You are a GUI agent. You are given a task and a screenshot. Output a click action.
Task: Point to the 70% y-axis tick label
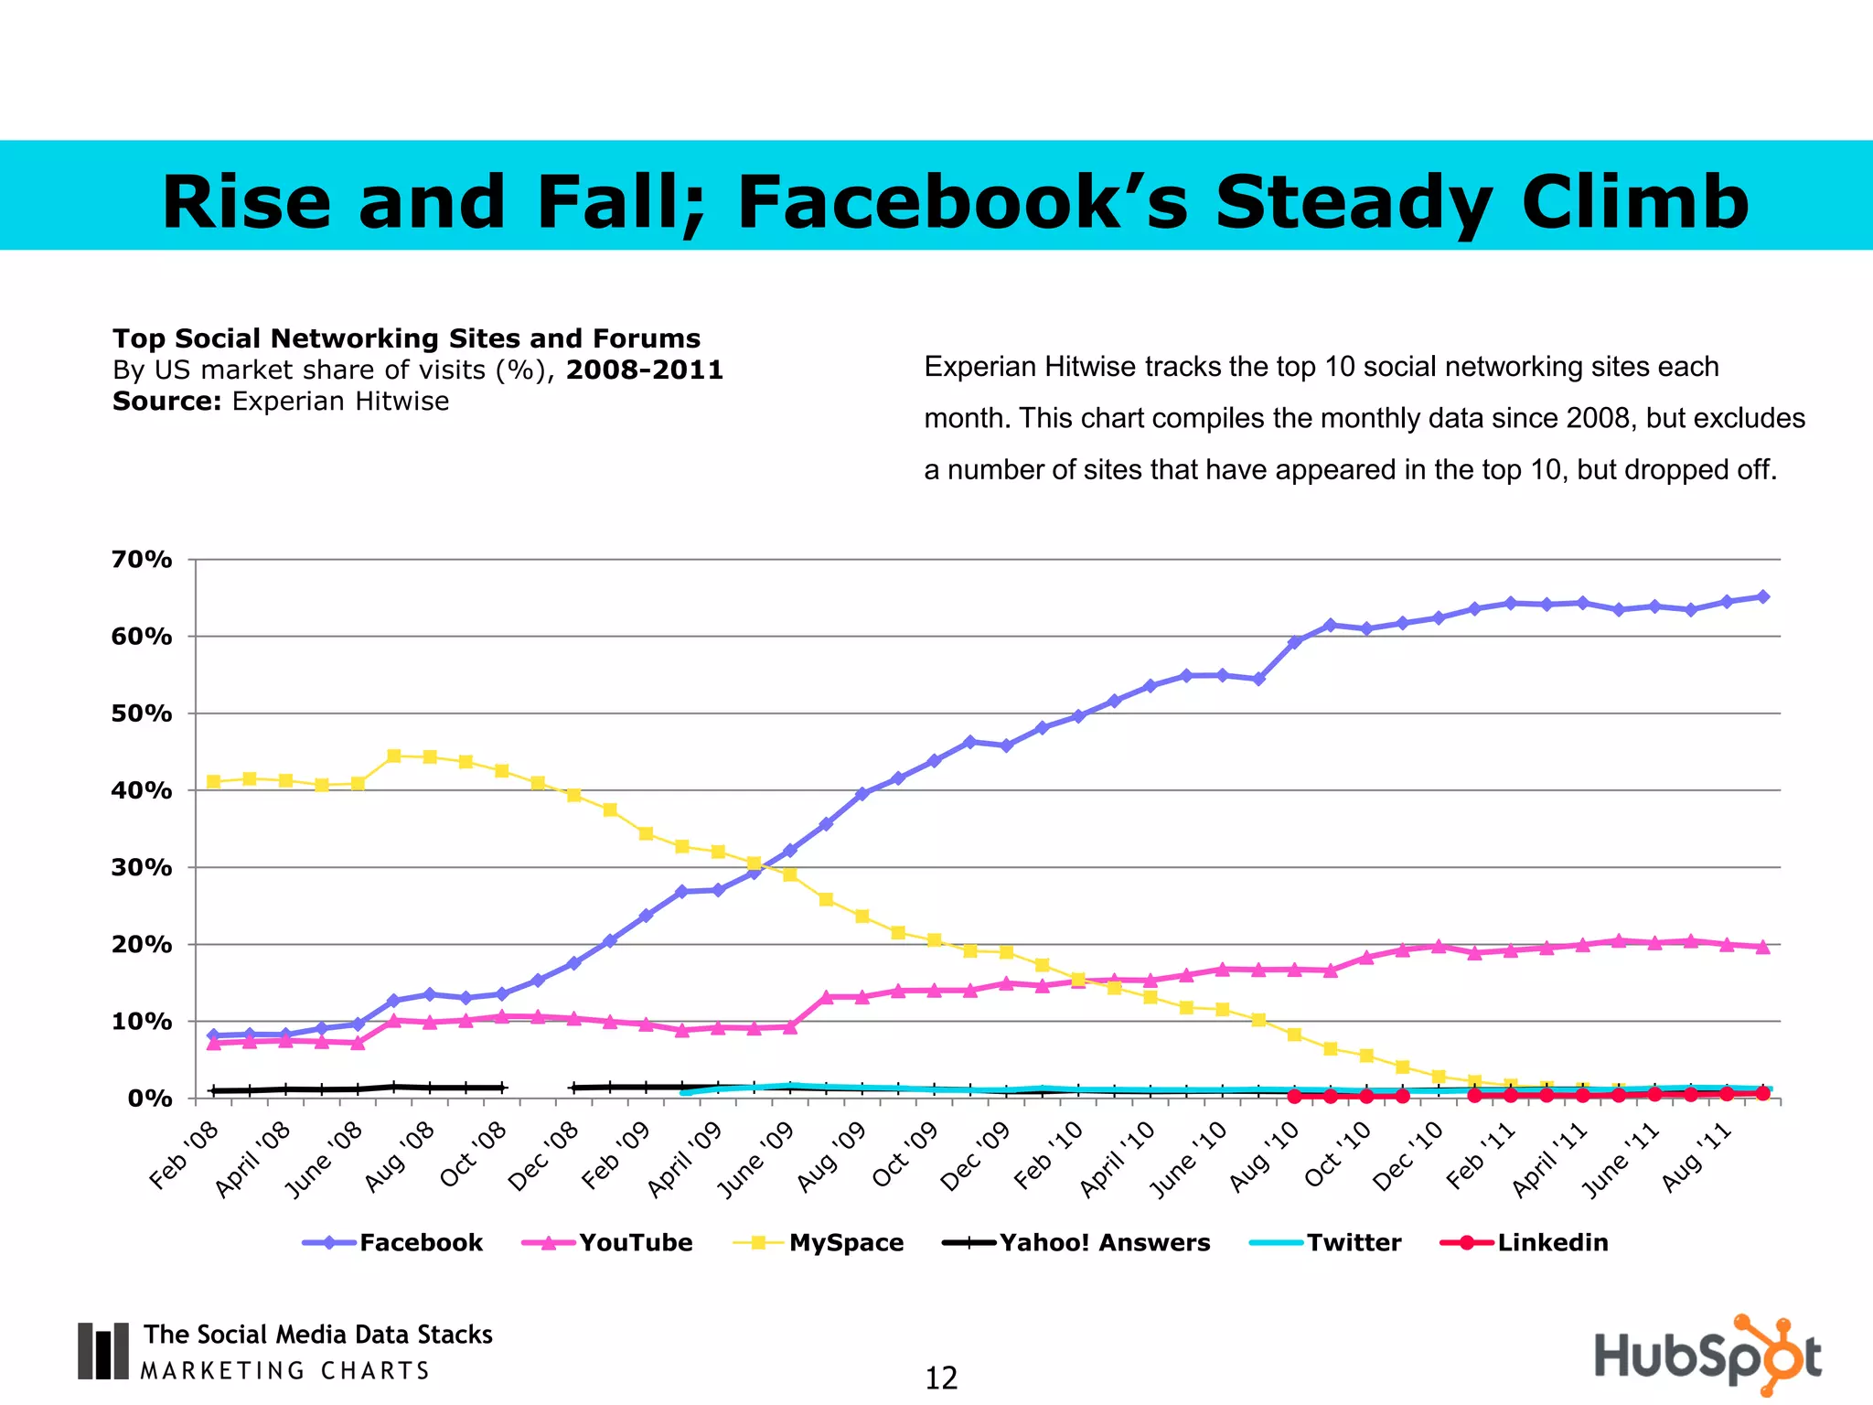[142, 559]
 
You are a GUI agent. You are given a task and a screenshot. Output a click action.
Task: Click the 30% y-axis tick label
[142, 867]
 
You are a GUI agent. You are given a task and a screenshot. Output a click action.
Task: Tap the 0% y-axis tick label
[150, 1099]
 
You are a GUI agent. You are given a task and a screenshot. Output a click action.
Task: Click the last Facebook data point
[1762, 596]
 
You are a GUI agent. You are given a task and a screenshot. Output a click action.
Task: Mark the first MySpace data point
[213, 781]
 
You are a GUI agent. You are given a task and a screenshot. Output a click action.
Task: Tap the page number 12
[941, 1378]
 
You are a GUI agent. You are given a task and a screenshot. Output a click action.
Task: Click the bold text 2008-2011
[645, 370]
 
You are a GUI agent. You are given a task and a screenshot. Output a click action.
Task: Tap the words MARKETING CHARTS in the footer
[285, 1370]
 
